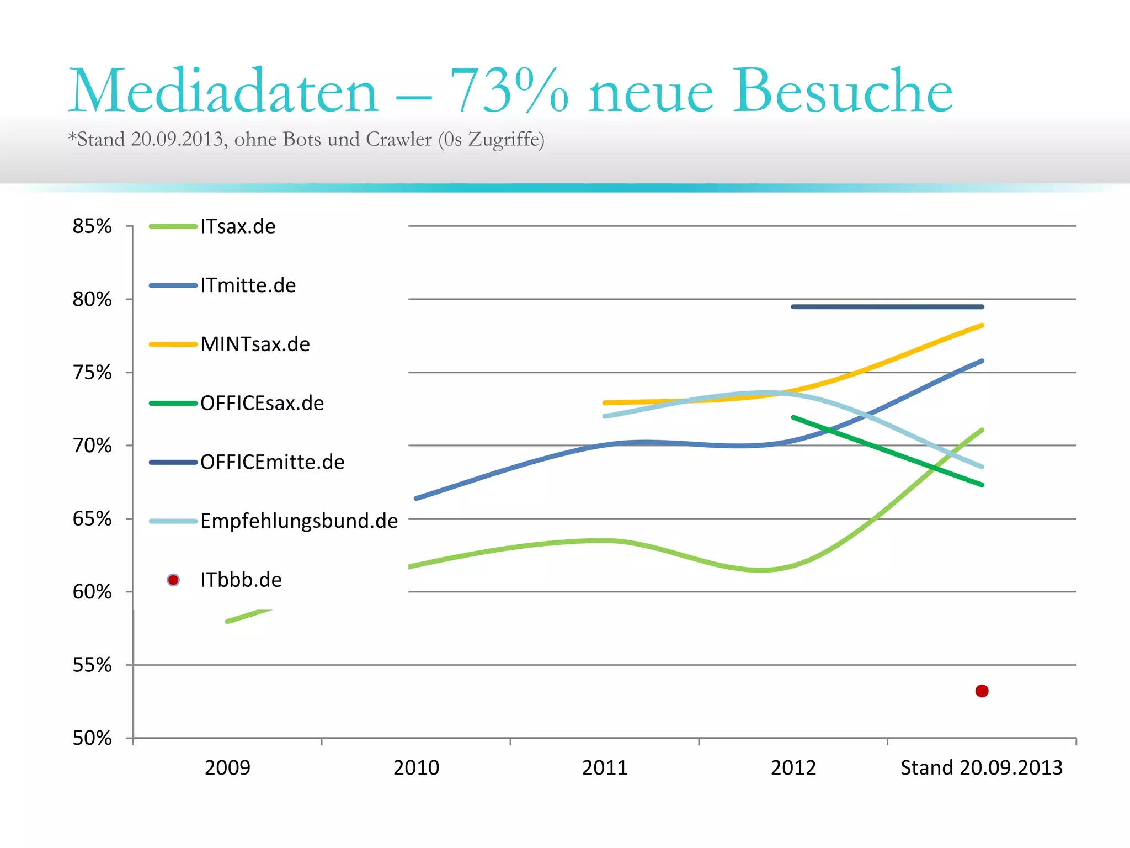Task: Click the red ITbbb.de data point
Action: pos(982,691)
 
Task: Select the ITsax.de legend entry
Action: pos(238,226)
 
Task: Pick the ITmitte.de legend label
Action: pos(248,285)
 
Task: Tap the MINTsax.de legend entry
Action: pos(255,344)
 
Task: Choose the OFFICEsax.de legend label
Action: pos(262,403)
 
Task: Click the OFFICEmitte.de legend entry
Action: pos(272,462)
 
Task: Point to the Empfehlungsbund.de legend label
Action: pos(299,521)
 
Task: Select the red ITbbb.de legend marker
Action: pos(173,580)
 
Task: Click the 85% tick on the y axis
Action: pos(92,226)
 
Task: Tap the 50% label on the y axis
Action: pos(92,738)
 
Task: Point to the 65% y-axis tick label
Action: pos(92,519)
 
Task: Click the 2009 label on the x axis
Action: pos(227,767)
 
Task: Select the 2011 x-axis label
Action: pos(605,767)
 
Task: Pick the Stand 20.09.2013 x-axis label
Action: pos(982,767)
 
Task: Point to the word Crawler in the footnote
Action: pos(398,139)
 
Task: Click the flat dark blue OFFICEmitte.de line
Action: pos(887,306)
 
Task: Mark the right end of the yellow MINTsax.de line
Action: pos(982,326)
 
